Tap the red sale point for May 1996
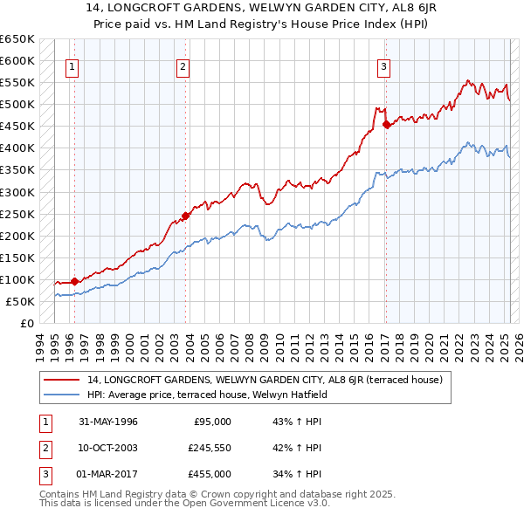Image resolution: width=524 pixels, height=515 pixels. (x=74, y=281)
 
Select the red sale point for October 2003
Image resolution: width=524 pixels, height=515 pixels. (x=186, y=216)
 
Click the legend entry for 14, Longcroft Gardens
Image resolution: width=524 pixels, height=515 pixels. (x=266, y=380)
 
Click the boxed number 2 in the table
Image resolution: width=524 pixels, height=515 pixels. (x=43, y=448)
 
